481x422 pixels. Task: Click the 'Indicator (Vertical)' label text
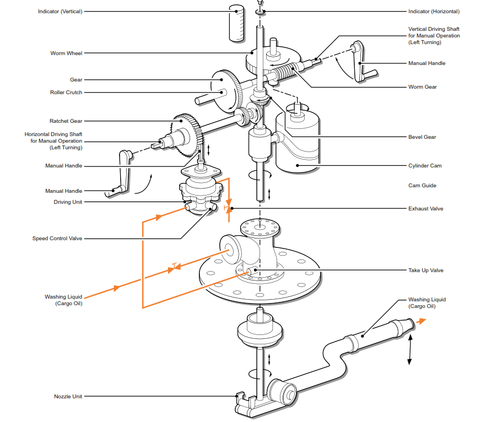60,12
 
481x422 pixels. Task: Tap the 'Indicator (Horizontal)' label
434,12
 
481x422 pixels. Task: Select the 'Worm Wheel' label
66,53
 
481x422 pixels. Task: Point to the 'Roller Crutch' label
66,93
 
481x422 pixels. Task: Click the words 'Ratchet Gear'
66,121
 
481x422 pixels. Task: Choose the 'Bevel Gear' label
422,137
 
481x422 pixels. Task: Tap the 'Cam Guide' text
422,186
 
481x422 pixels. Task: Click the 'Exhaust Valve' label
425,209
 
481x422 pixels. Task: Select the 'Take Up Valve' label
425,270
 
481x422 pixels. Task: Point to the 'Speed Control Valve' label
57,239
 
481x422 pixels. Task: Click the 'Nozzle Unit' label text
68,396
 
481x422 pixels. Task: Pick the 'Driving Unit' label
67,202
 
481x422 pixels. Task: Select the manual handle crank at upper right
361,63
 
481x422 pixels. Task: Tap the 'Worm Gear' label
423,87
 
